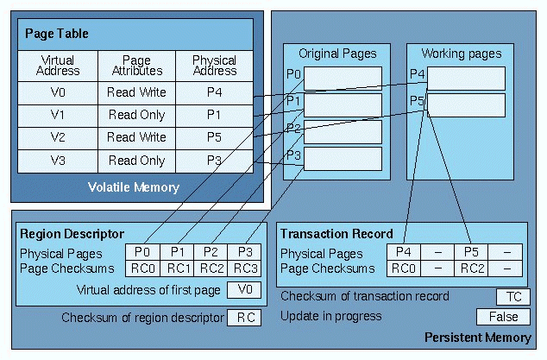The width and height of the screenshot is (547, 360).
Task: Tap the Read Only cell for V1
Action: click(x=136, y=114)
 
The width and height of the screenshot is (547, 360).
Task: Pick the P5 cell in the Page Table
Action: click(x=215, y=136)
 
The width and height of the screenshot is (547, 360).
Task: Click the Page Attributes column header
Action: click(x=136, y=66)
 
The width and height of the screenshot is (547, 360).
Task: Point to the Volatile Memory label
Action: click(x=133, y=187)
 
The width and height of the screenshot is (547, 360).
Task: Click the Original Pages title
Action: click(x=331, y=54)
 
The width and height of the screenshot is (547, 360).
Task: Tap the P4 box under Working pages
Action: click(x=467, y=79)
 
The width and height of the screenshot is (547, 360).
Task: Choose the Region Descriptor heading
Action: click(x=72, y=234)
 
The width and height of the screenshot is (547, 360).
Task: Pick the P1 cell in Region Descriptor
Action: click(x=179, y=252)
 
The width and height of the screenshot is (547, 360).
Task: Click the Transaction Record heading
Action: click(x=336, y=234)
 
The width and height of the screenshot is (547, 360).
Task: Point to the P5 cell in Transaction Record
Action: click(x=470, y=252)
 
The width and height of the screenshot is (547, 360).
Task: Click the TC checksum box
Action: click(x=512, y=296)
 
